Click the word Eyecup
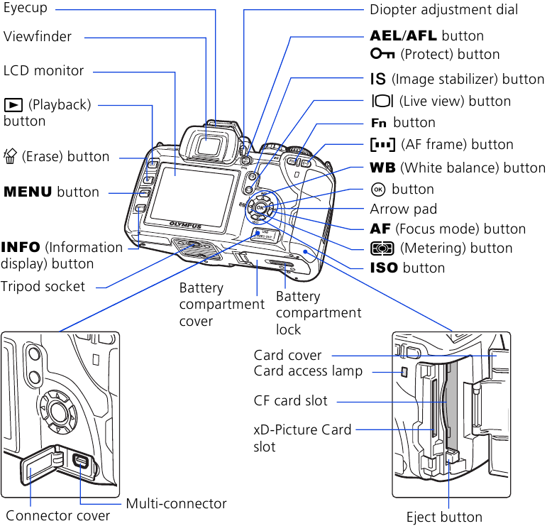pyautogui.click(x=25, y=10)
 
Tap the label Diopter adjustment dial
pyautogui.click(x=443, y=10)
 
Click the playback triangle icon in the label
pyautogui.click(x=13, y=106)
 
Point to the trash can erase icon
pyautogui.click(x=11, y=156)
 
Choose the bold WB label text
pyautogui.click(x=382, y=168)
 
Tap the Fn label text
pyautogui.click(x=380, y=123)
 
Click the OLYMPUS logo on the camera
pyautogui.click(x=185, y=226)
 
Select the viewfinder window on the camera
pyautogui.click(x=208, y=146)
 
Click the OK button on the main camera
pyautogui.click(x=260, y=208)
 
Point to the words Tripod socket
pyautogui.click(x=43, y=287)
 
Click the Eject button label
pyautogui.click(x=444, y=517)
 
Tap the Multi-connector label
pyautogui.click(x=176, y=504)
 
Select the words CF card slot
pyautogui.click(x=291, y=401)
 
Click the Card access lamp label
pyautogui.click(x=308, y=371)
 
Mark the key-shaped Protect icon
pyautogui.click(x=381, y=55)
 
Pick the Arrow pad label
pyautogui.click(x=404, y=209)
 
